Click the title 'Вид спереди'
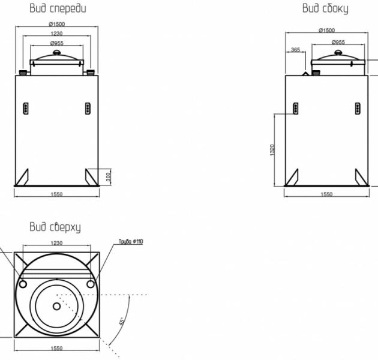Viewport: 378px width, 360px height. pos(58,8)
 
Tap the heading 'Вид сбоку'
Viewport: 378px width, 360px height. pos(325,8)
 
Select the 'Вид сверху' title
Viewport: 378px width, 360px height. pos(55,227)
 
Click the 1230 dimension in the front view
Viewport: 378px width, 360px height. pos(56,33)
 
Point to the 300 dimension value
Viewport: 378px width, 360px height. pos(108,177)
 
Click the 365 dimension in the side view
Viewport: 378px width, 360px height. pos(296,49)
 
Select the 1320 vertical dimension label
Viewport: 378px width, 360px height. pos(272,150)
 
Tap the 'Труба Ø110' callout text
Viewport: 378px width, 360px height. pos(131,241)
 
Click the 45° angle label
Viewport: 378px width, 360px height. pos(122,321)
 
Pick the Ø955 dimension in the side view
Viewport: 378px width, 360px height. pos(338,42)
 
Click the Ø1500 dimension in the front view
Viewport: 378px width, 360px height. pos(57,24)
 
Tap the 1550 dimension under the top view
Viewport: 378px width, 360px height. pos(56,348)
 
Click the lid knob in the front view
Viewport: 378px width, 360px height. pos(57,52)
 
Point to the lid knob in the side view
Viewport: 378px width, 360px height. pos(338,52)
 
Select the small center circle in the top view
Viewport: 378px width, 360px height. pos(56,306)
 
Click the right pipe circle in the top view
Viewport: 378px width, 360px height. pos(91,284)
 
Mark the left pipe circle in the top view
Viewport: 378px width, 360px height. pos(23,284)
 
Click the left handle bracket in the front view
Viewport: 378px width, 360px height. pos(26,108)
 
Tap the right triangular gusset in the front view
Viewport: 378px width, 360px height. pos(92,177)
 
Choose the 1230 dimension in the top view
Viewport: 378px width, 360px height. pos(56,243)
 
